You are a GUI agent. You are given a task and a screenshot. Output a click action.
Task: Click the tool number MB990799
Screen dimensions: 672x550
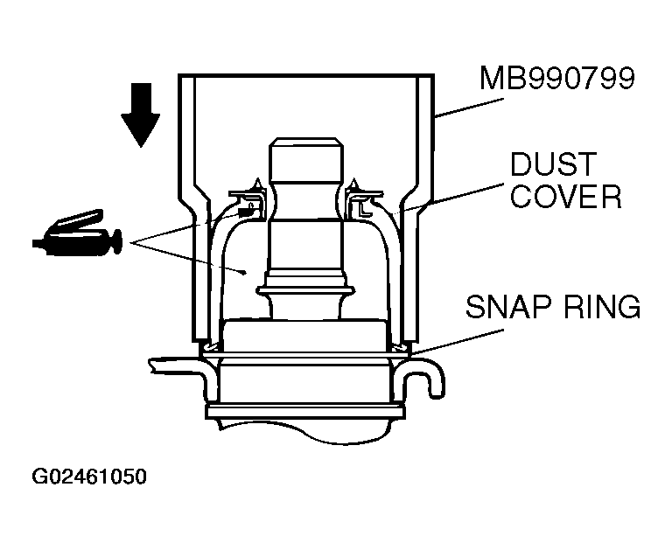point(556,78)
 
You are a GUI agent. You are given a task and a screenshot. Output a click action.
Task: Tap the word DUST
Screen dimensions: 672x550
point(553,164)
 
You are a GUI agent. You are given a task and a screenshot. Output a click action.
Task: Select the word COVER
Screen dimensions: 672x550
point(566,197)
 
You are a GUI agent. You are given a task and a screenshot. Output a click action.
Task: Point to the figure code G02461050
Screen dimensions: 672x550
point(89,477)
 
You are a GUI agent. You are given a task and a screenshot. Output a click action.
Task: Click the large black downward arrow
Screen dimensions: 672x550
point(141,115)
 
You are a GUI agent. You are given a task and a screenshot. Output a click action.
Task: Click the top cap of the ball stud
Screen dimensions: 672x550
point(306,158)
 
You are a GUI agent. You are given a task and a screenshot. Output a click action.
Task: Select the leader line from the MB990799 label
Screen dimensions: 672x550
point(469,108)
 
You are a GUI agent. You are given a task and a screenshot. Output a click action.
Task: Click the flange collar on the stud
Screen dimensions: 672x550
point(306,290)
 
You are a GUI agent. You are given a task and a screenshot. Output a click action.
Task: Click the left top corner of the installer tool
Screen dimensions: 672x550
point(178,74)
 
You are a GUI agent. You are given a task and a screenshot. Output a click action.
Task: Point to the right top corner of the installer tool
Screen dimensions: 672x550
point(434,74)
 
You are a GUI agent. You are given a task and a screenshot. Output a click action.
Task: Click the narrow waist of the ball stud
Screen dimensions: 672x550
point(306,201)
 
